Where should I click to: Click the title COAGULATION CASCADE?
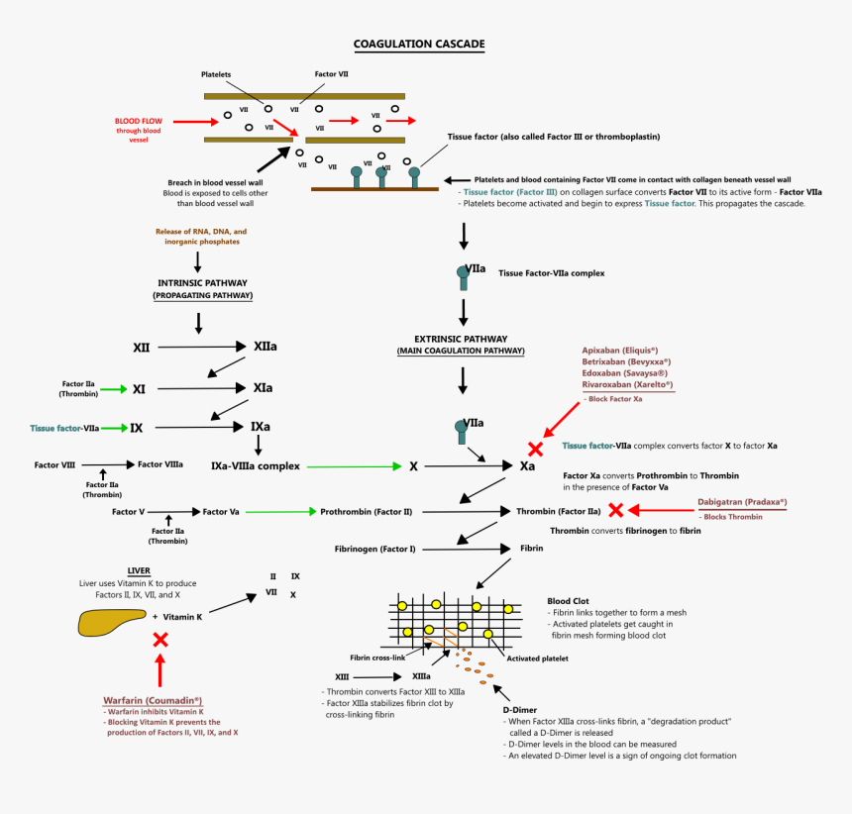click(420, 45)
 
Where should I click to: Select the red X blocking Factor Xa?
click(535, 449)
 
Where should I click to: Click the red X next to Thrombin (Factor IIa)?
click(616, 511)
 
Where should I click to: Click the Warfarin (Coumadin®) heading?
click(153, 700)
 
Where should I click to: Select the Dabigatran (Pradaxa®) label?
click(742, 502)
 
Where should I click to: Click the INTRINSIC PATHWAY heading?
click(203, 282)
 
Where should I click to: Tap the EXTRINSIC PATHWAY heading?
click(461, 338)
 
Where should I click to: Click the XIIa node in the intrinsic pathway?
click(265, 348)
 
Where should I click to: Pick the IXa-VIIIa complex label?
click(256, 465)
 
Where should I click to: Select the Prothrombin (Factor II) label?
click(366, 512)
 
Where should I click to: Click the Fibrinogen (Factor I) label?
click(374, 548)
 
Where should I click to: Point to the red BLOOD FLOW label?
click(139, 121)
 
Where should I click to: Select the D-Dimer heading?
click(522, 709)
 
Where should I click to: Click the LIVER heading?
click(139, 571)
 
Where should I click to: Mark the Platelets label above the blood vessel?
click(216, 74)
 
